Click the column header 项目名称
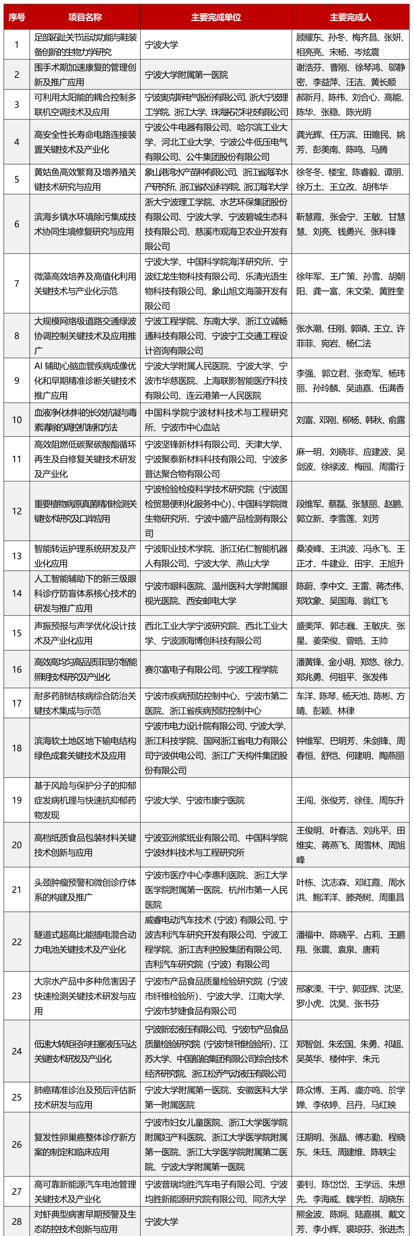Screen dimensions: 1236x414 click(x=85, y=17)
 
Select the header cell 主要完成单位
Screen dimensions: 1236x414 click(x=216, y=17)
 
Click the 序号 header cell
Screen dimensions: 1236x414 click(x=17, y=17)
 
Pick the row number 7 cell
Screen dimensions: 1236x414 click(x=17, y=284)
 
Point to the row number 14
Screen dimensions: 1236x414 click(x=17, y=593)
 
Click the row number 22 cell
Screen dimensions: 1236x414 click(x=17, y=942)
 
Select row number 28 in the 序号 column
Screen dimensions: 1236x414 click(x=17, y=1221)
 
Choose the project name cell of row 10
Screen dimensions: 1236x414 click(x=85, y=420)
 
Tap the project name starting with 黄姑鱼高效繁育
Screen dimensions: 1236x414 click(x=85, y=179)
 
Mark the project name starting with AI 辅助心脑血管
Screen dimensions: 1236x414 click(x=85, y=380)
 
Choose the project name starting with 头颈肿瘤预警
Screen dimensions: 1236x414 click(x=85, y=889)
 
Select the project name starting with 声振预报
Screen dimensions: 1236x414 click(x=85, y=633)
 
